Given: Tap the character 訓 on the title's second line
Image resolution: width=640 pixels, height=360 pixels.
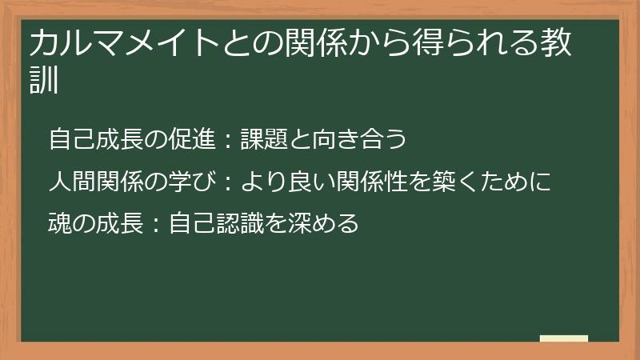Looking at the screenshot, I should pos(45,80).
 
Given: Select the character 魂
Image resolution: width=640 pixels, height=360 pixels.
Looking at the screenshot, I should pos(60,222).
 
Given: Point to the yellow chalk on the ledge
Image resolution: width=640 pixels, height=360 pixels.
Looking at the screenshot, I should pos(563,338).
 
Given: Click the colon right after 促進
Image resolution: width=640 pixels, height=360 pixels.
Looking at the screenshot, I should pos(226,140).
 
